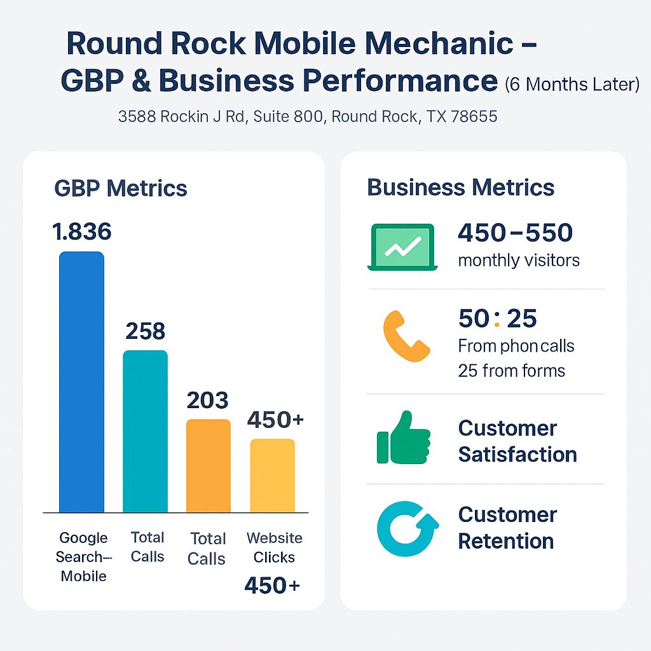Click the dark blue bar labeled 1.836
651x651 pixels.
coord(81,381)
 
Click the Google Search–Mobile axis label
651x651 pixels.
coord(83,557)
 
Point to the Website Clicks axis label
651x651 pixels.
coord(275,547)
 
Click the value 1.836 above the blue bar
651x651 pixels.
coord(82,232)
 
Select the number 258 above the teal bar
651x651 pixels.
coord(145,331)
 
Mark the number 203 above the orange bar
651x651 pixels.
coord(207,401)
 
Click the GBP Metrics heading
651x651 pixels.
coord(121,188)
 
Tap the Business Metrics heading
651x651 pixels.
coord(461,188)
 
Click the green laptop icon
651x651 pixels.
coord(402,247)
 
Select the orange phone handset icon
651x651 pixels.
coord(406,336)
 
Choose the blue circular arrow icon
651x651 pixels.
coord(407,528)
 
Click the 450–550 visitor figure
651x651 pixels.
coord(515,233)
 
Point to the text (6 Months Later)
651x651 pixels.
coord(572,85)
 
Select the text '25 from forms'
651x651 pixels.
coord(511,371)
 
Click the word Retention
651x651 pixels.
coord(506,542)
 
